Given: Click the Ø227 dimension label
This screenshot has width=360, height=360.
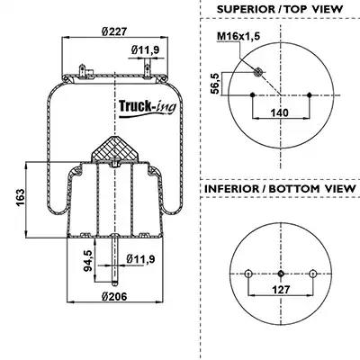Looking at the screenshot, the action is point(115,31).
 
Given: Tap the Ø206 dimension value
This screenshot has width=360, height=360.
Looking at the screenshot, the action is point(114,296).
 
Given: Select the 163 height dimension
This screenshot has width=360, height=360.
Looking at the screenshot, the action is point(20,198).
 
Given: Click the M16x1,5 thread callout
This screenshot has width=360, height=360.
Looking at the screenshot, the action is point(238,36).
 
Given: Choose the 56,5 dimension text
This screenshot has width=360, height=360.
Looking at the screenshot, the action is point(215,84).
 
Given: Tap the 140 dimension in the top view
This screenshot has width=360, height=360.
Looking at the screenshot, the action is point(279,112).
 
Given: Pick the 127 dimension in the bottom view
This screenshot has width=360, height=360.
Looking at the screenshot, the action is point(281,290).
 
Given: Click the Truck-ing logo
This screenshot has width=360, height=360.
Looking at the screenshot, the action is point(148,108).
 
